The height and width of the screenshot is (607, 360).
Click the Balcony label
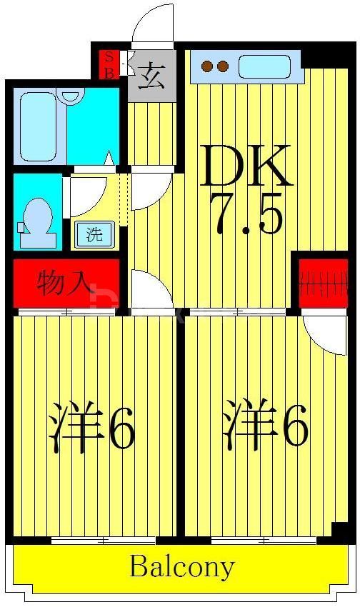pos(181,568)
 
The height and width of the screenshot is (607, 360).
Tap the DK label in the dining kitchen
pos(245,166)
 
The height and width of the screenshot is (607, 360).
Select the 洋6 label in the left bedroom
pos(91,429)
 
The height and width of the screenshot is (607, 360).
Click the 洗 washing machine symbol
pos(94,235)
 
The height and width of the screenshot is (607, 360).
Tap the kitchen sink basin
pos(264,67)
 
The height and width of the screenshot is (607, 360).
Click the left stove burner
pos(208,67)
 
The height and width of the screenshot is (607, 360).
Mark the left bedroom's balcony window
pos(104,541)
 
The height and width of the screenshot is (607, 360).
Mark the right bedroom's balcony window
pos(264,541)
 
